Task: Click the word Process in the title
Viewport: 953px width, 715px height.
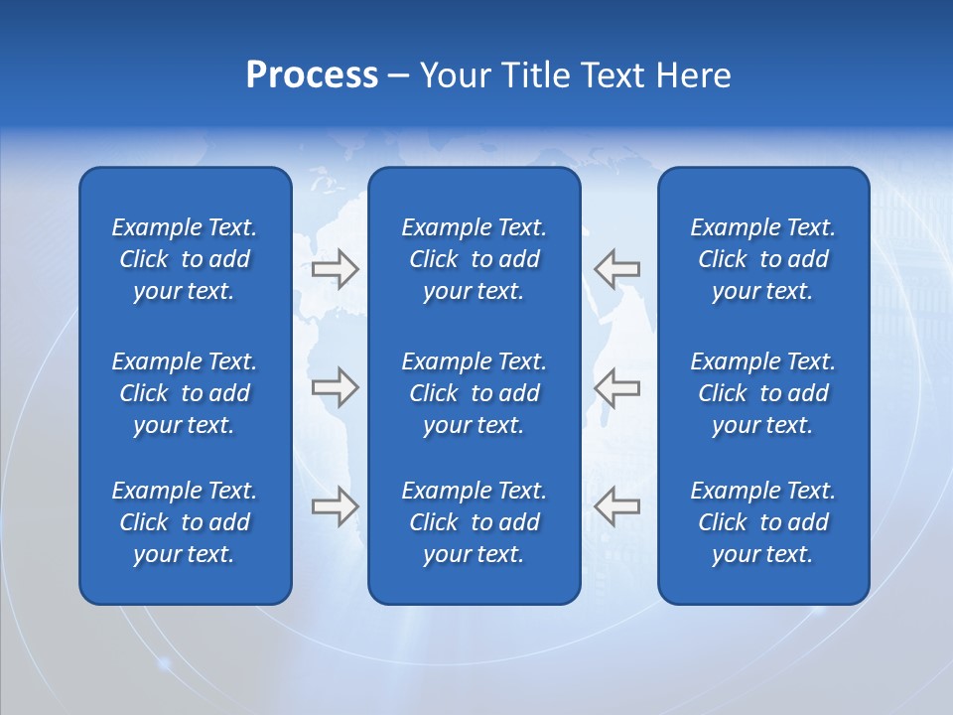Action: pos(312,75)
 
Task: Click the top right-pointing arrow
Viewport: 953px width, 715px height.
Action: pos(335,268)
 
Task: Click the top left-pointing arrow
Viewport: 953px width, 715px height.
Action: pos(616,268)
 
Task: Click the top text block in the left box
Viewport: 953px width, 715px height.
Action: pos(185,259)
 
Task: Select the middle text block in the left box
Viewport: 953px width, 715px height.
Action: pos(185,393)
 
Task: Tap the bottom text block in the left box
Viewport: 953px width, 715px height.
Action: pos(185,522)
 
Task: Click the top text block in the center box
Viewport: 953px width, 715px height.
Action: pos(474,259)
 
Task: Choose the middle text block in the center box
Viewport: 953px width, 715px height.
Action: pos(474,393)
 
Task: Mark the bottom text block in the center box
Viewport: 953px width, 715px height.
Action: pos(474,522)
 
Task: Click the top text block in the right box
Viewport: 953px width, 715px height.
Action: pos(762,259)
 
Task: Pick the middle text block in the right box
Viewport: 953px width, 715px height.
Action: pos(762,393)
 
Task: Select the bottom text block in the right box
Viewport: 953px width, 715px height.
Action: pos(762,522)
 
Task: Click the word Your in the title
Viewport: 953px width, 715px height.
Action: pos(452,75)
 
